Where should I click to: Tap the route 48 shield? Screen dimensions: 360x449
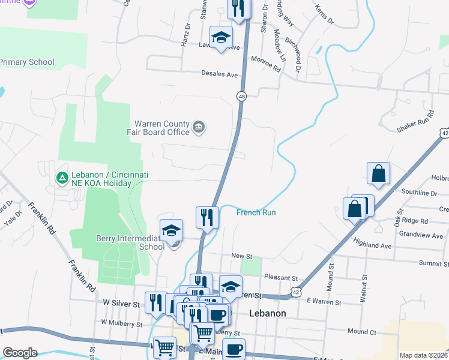point(241,96)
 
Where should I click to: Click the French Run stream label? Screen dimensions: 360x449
point(256,212)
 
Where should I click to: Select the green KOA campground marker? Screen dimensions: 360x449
point(61,178)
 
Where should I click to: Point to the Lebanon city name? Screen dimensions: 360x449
point(267,313)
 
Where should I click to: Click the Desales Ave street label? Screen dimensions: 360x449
point(220,74)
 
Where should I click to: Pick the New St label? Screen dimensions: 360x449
point(241,256)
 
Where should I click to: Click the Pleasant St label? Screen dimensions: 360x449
point(281,278)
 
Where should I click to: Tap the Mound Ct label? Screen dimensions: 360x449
point(361,331)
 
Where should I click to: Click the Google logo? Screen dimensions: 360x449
point(19,353)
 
